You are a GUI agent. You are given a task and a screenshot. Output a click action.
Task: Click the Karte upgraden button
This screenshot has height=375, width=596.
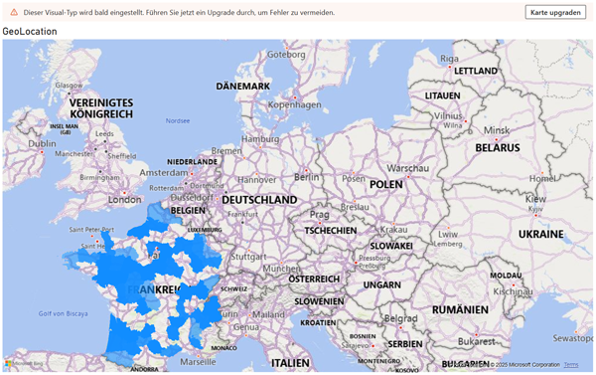pos(555,12)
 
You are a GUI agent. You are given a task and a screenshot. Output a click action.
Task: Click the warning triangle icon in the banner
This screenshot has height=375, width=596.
pos(14,12)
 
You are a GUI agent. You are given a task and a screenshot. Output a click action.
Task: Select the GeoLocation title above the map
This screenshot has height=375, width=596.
pos(30,32)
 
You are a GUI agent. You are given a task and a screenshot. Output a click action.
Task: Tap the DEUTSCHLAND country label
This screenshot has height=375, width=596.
pos(259,200)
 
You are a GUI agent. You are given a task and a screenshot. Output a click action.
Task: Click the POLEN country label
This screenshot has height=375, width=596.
pos(386,184)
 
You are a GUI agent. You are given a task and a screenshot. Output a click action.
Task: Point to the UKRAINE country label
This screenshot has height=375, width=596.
pos(540,235)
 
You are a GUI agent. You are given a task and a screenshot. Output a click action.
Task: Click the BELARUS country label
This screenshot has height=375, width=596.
pos(497,147)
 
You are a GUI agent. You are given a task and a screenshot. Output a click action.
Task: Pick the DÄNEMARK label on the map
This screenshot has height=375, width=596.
pos(243,87)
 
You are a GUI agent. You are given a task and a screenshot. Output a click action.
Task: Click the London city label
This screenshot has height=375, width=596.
pos(125,199)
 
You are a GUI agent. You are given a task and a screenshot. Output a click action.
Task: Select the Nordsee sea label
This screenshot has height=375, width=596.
pos(177,120)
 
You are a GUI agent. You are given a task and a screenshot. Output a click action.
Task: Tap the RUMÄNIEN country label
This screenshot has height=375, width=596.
pos(460,309)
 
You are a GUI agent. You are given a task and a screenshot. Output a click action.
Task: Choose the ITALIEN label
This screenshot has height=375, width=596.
pos(290,363)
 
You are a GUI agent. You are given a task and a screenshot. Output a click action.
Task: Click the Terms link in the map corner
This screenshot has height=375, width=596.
pos(570,365)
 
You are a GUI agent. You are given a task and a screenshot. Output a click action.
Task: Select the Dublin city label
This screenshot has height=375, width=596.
pos(43,143)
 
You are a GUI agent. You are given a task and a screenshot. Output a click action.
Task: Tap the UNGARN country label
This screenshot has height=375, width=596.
pos(381,284)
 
